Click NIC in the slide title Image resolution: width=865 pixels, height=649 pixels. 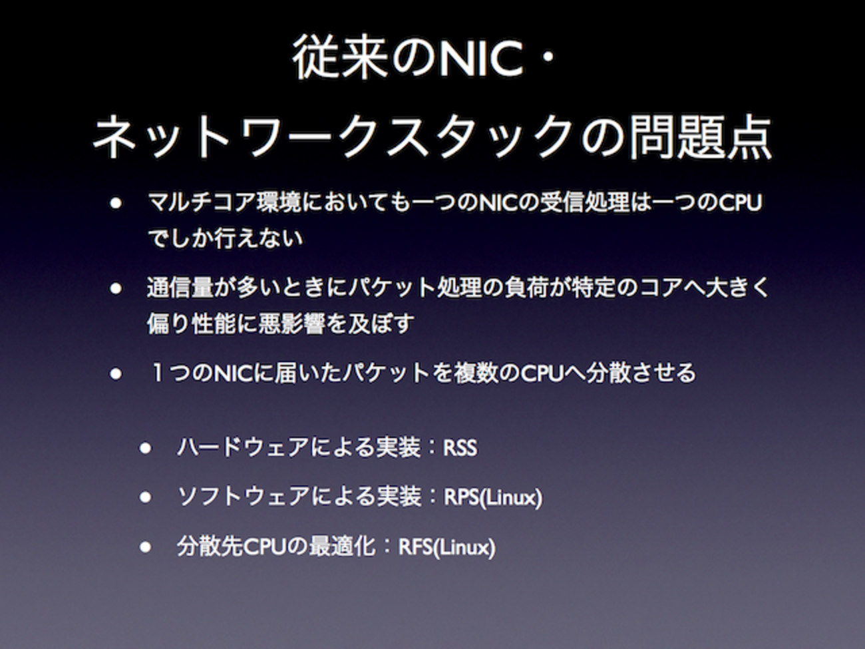tap(481, 59)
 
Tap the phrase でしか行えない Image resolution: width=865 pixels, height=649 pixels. tap(226, 238)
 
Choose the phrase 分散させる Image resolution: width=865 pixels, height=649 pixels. tap(641, 373)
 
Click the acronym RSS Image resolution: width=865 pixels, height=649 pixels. tap(460, 447)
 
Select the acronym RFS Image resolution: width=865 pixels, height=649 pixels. tap(415, 547)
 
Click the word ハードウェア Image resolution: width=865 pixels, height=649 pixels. tap(243, 447)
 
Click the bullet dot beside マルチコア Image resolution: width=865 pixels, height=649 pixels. tap(116, 203)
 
